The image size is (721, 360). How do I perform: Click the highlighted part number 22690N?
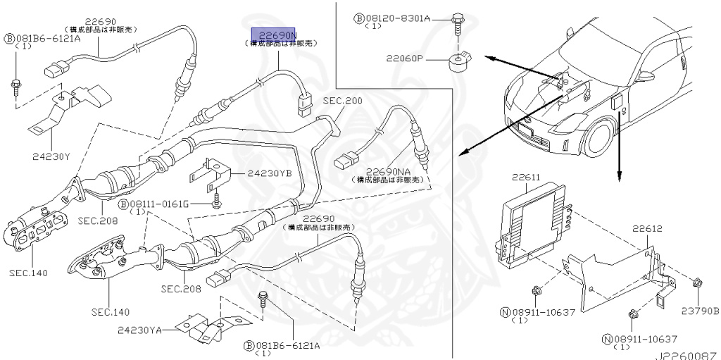279,34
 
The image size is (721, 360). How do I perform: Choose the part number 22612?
646,229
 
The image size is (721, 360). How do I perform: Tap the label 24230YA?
139,329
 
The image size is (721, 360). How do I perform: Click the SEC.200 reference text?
343,101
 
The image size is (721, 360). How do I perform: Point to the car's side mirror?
646,75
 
